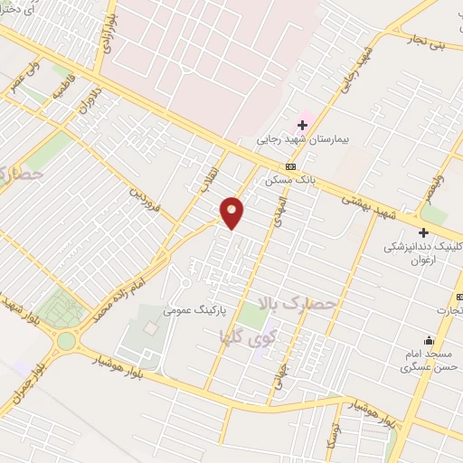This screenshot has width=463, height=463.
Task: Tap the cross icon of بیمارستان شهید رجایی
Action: tap(302, 124)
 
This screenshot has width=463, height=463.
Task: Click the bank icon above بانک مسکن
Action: tap(290, 166)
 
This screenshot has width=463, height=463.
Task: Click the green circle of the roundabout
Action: tap(66, 341)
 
